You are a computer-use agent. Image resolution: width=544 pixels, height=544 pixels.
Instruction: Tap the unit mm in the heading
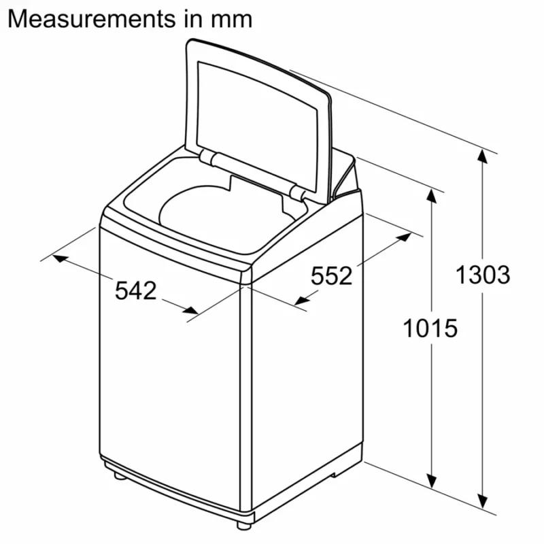click(231, 18)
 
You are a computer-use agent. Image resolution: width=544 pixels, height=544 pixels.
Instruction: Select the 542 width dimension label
click(136, 290)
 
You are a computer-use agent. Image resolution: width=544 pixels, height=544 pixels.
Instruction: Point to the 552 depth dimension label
click(332, 276)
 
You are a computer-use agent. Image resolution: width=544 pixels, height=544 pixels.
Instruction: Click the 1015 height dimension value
click(430, 328)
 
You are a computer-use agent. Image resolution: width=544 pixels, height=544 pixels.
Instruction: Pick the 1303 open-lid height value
click(482, 275)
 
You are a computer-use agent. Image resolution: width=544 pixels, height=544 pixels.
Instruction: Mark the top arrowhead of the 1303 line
click(482, 156)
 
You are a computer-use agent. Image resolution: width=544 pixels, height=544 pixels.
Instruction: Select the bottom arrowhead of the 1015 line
click(430, 475)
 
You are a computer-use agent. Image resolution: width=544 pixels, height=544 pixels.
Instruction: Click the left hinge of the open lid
click(209, 158)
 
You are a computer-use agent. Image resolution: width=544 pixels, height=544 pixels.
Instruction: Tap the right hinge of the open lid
click(296, 192)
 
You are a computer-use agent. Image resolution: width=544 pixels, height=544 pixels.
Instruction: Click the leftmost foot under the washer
click(120, 477)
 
